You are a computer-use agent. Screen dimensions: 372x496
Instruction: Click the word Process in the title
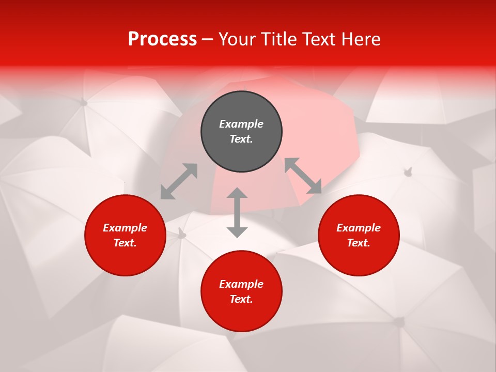coord(162,39)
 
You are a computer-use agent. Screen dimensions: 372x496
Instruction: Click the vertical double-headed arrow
coord(237,212)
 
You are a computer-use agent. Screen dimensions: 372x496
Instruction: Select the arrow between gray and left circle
coord(179,181)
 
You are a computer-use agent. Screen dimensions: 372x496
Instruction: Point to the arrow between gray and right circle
coord(303,176)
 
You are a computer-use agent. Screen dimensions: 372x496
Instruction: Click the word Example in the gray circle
coord(241,124)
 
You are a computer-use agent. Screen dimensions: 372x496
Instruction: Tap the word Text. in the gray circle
coord(241,139)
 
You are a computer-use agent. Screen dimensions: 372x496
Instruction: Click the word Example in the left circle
coord(125,228)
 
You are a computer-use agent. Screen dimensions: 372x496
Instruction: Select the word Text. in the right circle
coord(359,243)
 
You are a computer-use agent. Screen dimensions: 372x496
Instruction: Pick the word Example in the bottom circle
coord(241,284)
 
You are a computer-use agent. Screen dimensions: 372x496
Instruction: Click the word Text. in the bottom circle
coord(241,299)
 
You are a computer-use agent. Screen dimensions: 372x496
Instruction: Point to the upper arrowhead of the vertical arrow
coord(237,193)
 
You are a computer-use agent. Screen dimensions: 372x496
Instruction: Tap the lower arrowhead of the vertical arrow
coord(237,232)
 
